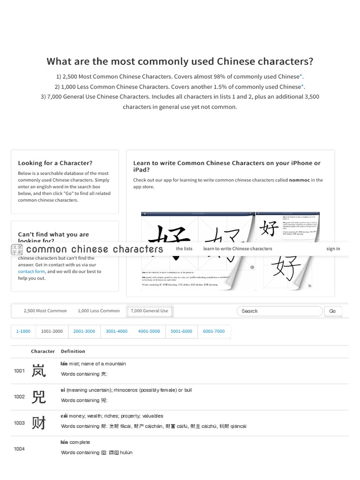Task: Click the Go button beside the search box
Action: (x=332, y=311)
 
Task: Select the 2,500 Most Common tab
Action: (x=45, y=311)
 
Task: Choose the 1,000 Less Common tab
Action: (x=98, y=311)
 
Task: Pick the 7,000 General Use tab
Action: (x=149, y=311)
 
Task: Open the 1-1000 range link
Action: (x=23, y=331)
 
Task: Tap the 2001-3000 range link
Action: (x=84, y=331)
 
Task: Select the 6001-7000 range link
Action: (x=214, y=331)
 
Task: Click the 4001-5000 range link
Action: (x=149, y=331)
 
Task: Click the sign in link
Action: (x=333, y=249)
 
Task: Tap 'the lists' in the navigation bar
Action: (x=184, y=249)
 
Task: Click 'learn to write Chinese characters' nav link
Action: (x=237, y=249)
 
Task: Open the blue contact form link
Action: (x=31, y=271)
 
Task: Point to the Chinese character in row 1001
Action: (x=38, y=371)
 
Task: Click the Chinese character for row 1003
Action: (x=38, y=423)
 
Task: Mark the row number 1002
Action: (x=19, y=397)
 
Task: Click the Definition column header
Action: (x=73, y=351)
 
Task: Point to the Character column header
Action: (x=43, y=351)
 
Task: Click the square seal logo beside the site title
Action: (x=17, y=249)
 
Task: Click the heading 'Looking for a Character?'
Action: (x=55, y=163)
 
